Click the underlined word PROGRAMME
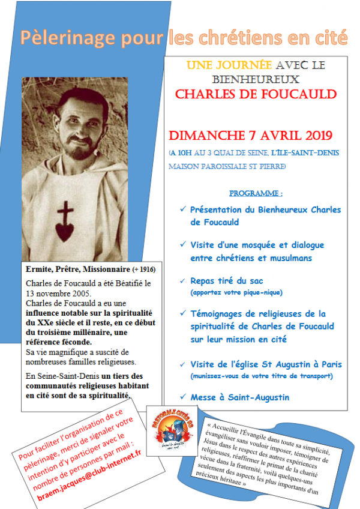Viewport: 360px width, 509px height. point(256,194)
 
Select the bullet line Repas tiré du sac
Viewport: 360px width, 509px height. point(227,281)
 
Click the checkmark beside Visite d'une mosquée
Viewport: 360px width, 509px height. point(182,245)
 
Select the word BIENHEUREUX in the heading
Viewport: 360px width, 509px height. point(255,79)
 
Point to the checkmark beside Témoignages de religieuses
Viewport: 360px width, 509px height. point(182,315)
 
